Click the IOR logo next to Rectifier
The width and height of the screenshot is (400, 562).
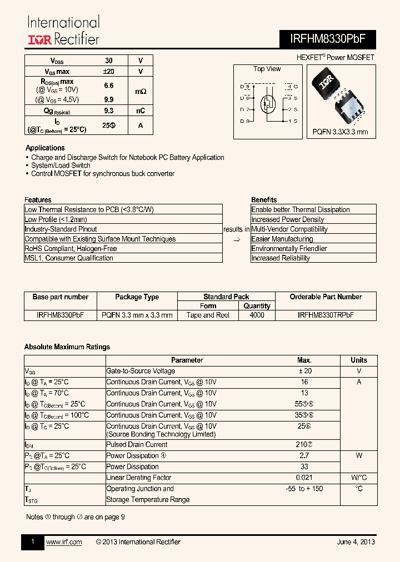pyautogui.click(x=41, y=39)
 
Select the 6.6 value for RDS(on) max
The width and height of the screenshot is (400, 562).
pyautogui.click(x=109, y=86)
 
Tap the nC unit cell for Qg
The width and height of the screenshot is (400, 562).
pyautogui.click(x=141, y=111)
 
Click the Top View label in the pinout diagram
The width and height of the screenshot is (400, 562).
pyautogui.click(x=267, y=69)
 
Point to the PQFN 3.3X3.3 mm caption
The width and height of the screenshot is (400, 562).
pyautogui.click(x=340, y=132)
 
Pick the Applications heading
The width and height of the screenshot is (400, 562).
pyautogui.click(x=45, y=148)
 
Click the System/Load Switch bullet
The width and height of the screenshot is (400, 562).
pyautogui.click(x=61, y=165)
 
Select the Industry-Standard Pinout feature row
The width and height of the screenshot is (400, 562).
pyautogui.click(x=61, y=229)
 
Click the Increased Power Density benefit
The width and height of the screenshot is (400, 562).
pyautogui.click(x=287, y=219)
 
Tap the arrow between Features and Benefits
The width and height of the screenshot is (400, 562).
pyautogui.click(x=236, y=239)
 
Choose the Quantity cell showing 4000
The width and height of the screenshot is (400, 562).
pyautogui.click(x=257, y=315)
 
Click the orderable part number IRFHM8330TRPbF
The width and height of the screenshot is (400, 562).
pyautogui.click(x=326, y=315)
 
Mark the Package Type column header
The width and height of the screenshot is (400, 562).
pyautogui.click(x=137, y=297)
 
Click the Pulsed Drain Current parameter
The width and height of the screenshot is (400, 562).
pyautogui.click(x=137, y=444)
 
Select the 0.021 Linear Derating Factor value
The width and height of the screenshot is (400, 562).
pyautogui.click(x=304, y=478)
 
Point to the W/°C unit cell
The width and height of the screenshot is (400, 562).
pyautogui.click(x=359, y=478)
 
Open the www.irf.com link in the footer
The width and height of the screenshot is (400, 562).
pyautogui.click(x=63, y=542)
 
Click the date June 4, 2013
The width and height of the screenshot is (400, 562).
pyautogui.click(x=356, y=542)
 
